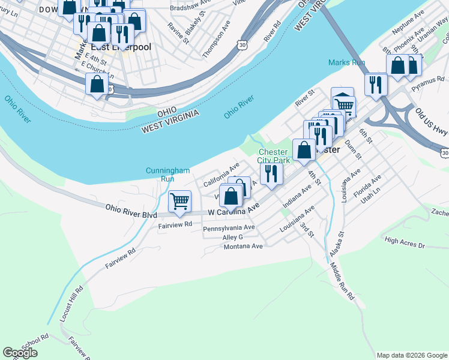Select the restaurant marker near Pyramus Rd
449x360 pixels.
click(x=375, y=84)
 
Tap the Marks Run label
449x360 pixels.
click(x=346, y=62)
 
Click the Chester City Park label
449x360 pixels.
click(x=274, y=156)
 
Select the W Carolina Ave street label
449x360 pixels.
click(x=234, y=209)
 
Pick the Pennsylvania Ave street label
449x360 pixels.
click(x=229, y=228)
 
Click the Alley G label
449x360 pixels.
click(x=232, y=237)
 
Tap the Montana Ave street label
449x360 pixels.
click(x=243, y=246)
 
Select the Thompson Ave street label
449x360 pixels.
click(x=216, y=40)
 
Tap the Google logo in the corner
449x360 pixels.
click(x=20, y=353)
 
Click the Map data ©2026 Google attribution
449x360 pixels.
click(x=412, y=355)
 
